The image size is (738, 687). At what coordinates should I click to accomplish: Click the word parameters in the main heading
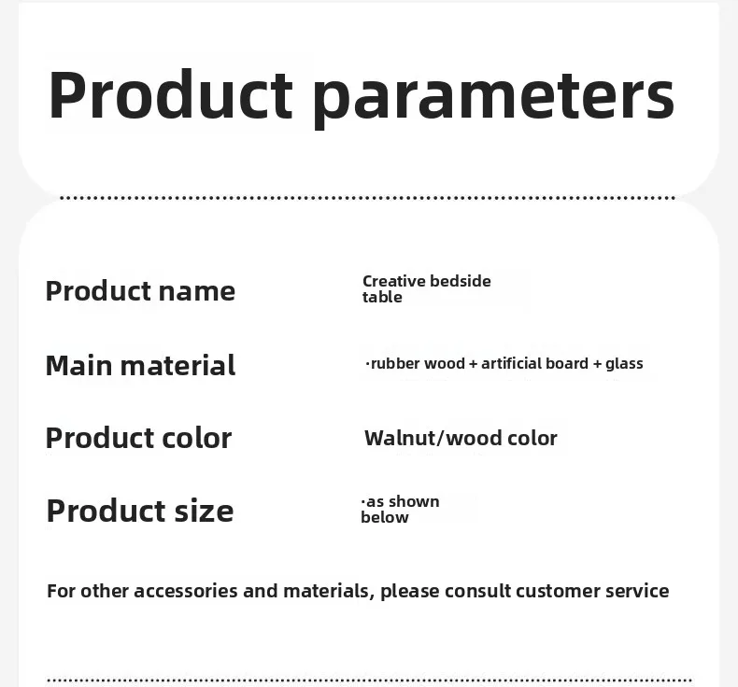pyautogui.click(x=493, y=99)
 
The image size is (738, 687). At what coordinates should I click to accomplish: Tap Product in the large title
pyautogui.click(x=170, y=94)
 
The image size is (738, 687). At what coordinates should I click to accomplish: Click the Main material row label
pyautogui.click(x=140, y=365)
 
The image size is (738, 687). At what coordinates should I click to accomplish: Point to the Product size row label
pyautogui.click(x=140, y=511)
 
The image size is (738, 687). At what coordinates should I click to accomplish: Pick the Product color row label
pyautogui.click(x=138, y=438)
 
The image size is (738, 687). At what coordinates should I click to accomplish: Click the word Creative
pyautogui.click(x=394, y=281)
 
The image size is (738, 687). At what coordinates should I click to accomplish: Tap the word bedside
pyautogui.click(x=461, y=281)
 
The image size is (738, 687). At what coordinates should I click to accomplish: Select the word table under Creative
pyautogui.click(x=382, y=297)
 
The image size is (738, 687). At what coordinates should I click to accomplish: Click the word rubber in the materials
pyautogui.click(x=395, y=363)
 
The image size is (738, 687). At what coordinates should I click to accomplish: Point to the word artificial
pyautogui.click(x=508, y=363)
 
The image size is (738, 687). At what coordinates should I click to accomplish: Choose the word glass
pyautogui.click(x=624, y=364)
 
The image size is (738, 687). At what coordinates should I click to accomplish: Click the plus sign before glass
pyautogui.click(x=597, y=364)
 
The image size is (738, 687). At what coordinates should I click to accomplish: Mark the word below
pyautogui.click(x=385, y=517)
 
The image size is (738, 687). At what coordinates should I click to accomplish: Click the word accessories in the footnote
pyautogui.click(x=186, y=591)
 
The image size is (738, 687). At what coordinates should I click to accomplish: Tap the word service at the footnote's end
pyautogui.click(x=637, y=591)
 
